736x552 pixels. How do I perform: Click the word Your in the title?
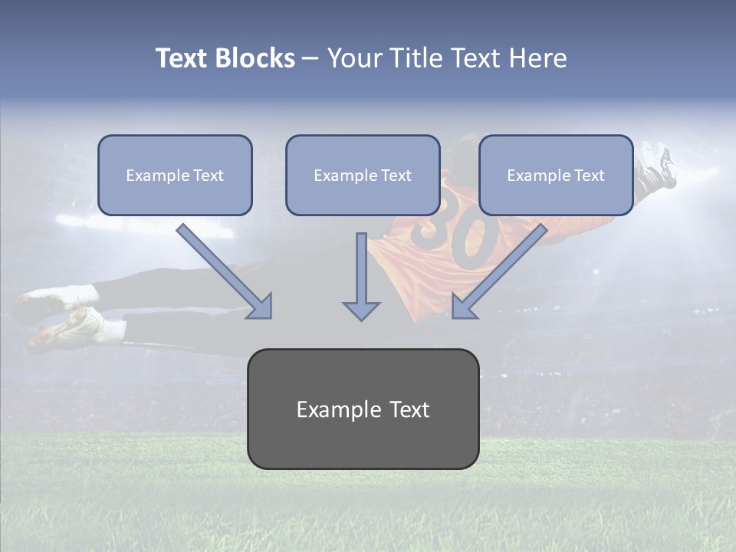click(x=354, y=58)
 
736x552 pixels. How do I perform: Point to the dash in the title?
click(x=310, y=59)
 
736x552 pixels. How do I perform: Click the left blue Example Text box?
click(x=175, y=175)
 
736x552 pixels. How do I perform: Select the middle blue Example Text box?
click(x=363, y=175)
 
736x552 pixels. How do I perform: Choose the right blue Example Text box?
click(x=556, y=175)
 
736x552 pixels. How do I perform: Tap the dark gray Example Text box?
click(x=363, y=409)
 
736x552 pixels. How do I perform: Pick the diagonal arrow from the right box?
click(x=499, y=271)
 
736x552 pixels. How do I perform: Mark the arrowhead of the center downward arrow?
click(x=361, y=310)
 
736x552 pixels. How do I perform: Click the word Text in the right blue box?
click(x=588, y=176)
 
